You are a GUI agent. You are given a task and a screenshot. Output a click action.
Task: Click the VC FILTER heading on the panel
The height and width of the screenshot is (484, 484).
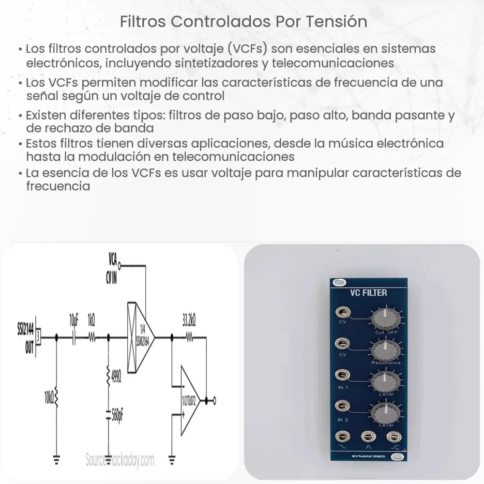[368, 292]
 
